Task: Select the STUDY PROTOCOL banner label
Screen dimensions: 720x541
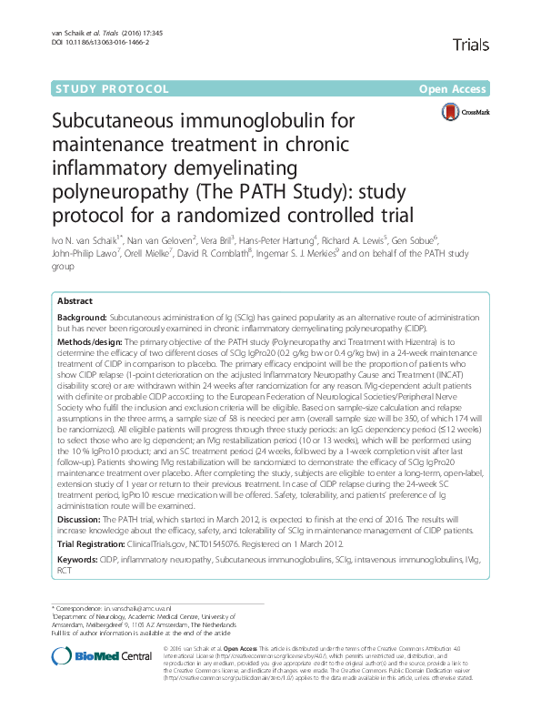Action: (113, 89)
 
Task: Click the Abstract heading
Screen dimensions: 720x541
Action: (75, 300)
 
